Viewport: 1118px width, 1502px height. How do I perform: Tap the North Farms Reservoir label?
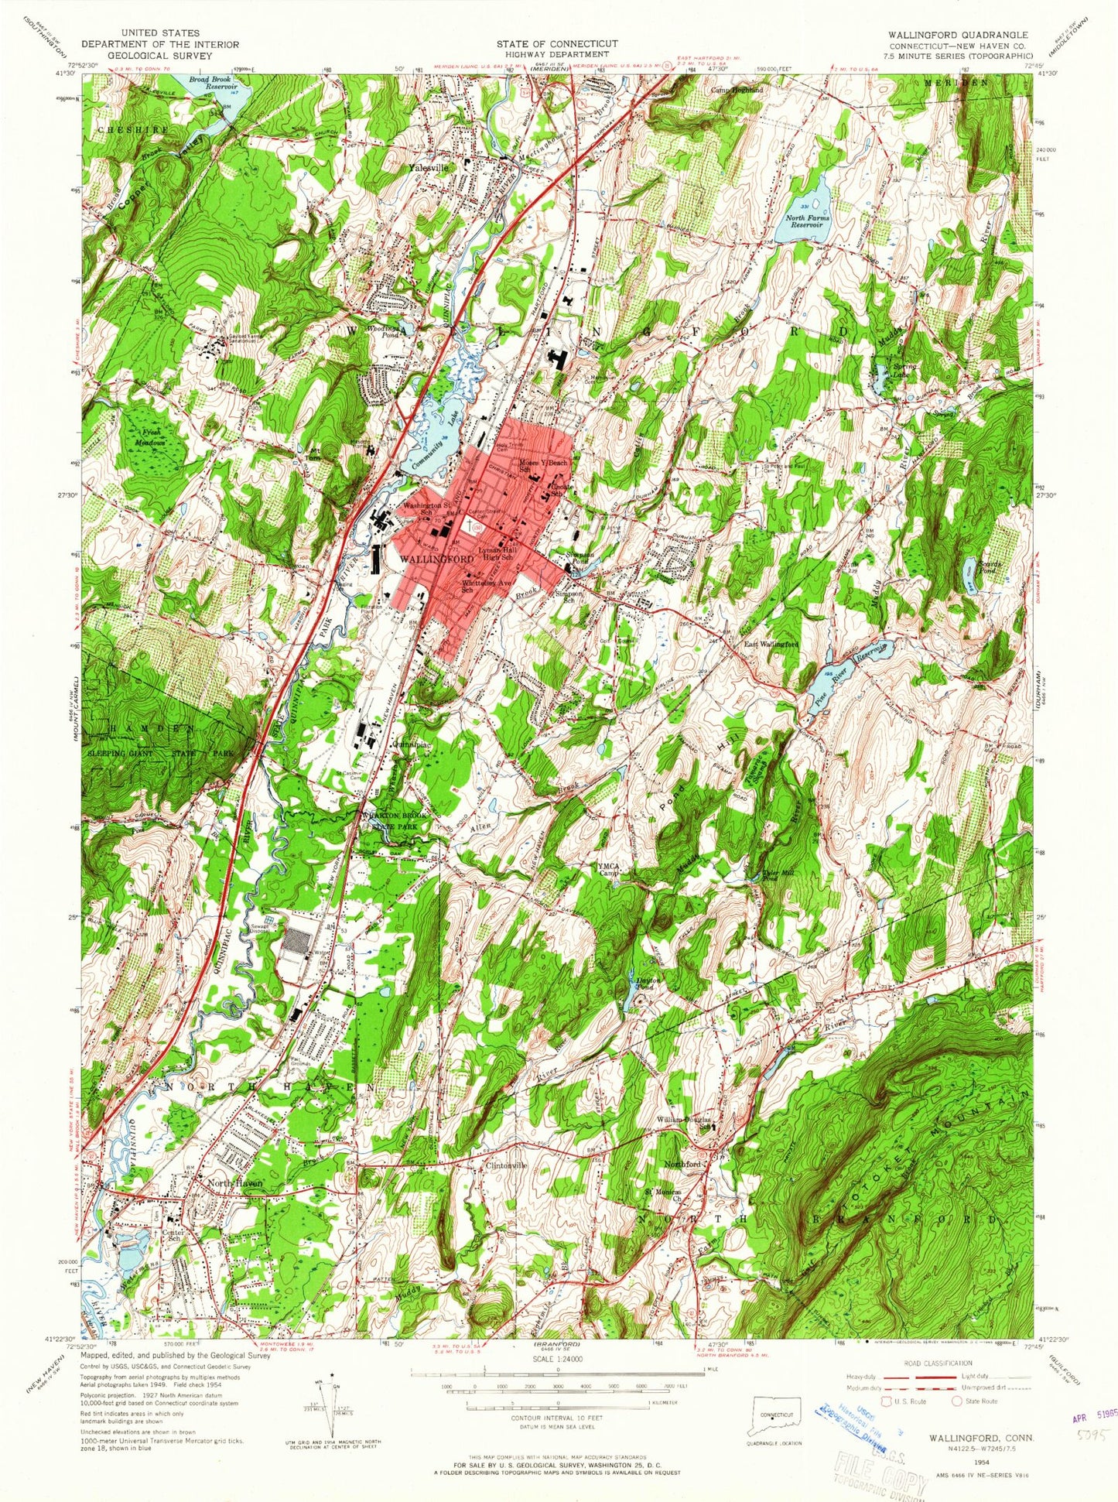tap(807, 222)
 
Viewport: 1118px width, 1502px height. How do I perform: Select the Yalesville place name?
tap(429, 167)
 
